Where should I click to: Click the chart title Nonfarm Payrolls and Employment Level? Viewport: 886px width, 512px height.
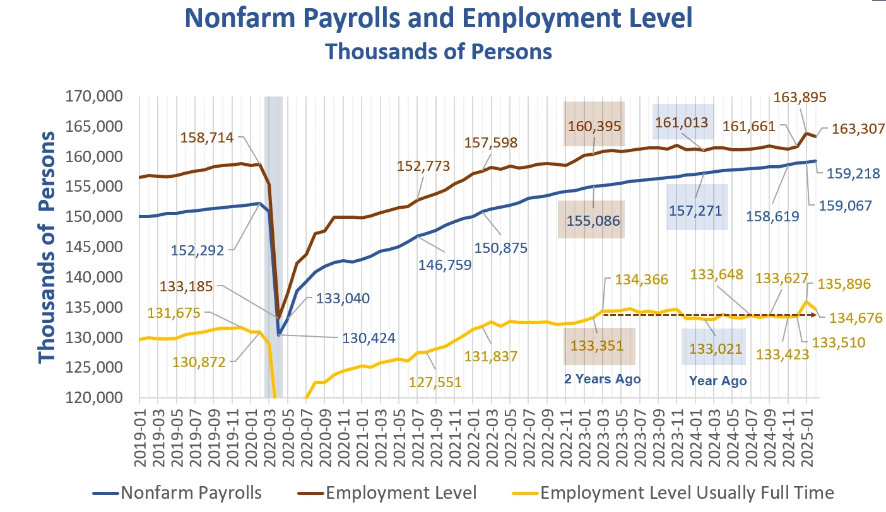click(439, 20)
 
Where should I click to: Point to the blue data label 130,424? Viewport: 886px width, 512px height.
click(369, 338)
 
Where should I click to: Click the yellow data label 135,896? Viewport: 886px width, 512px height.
click(844, 284)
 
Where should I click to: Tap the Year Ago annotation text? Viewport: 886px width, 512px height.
click(718, 380)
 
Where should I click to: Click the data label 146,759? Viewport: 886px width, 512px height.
click(446, 264)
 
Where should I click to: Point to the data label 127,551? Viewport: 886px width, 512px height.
click(435, 382)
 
